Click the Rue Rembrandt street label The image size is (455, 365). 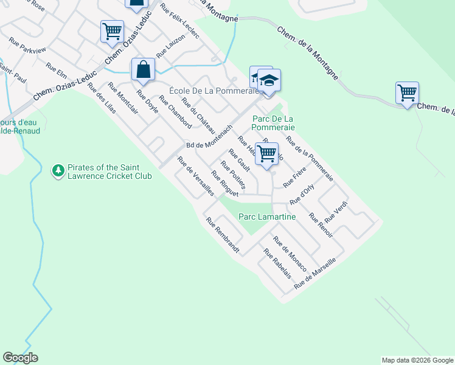(x=223, y=236)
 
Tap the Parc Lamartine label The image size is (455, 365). (x=267, y=217)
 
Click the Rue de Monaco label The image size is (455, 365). (x=290, y=250)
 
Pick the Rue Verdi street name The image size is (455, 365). (x=336, y=211)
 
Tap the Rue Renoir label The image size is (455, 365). (x=321, y=225)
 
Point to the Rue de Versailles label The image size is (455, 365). (x=195, y=176)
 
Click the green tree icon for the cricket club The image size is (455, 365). (x=58, y=172)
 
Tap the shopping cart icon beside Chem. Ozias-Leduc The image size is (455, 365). (x=112, y=31)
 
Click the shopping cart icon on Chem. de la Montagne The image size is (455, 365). (x=407, y=93)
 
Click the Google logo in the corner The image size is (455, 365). (x=20, y=358)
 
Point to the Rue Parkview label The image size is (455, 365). (x=27, y=46)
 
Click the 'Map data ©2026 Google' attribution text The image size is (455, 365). (x=417, y=360)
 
